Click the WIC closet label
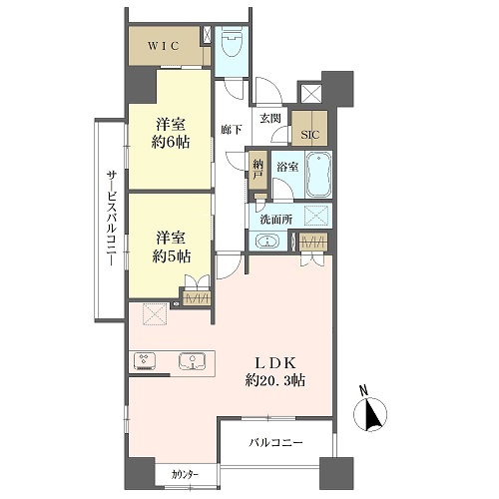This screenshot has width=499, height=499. pyautogui.click(x=164, y=46)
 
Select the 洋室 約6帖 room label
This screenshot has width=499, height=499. pyautogui.click(x=171, y=134)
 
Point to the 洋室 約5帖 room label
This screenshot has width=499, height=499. pyautogui.click(x=171, y=248)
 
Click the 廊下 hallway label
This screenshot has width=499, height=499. pyautogui.click(x=232, y=130)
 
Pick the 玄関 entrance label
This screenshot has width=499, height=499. pyautogui.click(x=270, y=118)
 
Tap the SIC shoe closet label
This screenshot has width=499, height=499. pyautogui.click(x=310, y=135)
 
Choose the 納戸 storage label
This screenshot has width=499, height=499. pyautogui.click(x=257, y=170)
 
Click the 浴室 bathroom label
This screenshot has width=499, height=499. pyautogui.click(x=287, y=167)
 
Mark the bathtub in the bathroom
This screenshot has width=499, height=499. pyautogui.click(x=318, y=175)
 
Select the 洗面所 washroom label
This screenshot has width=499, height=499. pyautogui.click(x=276, y=220)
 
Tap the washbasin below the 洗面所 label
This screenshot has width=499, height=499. pyautogui.click(x=267, y=241)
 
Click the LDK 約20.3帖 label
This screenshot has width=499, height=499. pyautogui.click(x=275, y=371)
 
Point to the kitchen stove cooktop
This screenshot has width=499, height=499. pyautogui.click(x=145, y=360)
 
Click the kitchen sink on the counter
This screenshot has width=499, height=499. pyautogui.click(x=193, y=361)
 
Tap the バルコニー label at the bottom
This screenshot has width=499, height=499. pyautogui.click(x=275, y=443)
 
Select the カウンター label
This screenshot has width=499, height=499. pyautogui.click(x=186, y=474)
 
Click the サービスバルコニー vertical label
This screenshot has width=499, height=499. pyautogui.click(x=111, y=219)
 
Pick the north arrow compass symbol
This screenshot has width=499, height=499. pyautogui.click(x=370, y=413)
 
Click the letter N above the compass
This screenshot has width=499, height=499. pyautogui.click(x=364, y=390)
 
